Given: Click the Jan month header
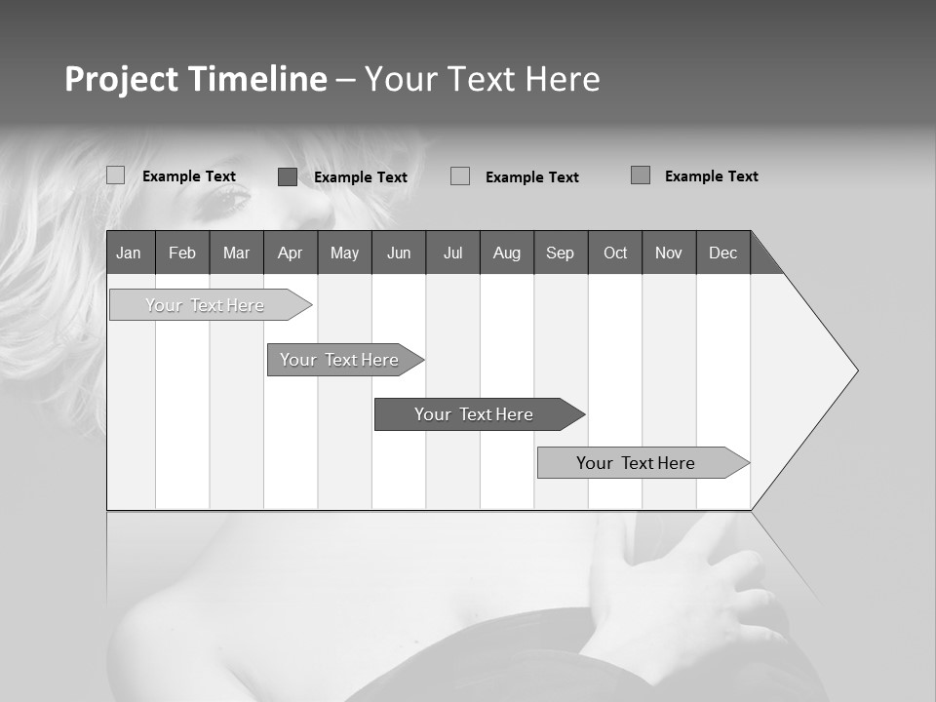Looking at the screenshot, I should pyautogui.click(x=129, y=253).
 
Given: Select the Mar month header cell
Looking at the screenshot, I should pyautogui.click(x=236, y=253).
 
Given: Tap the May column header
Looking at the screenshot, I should pyautogui.click(x=344, y=253).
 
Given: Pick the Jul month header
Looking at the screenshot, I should pyautogui.click(x=452, y=253).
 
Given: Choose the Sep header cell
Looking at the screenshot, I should pyautogui.click(x=560, y=253).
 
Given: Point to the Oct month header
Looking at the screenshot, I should pyautogui.click(x=615, y=253).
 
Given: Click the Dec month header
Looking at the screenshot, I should pyautogui.click(x=722, y=253).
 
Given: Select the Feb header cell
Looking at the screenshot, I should pyautogui.click(x=182, y=253).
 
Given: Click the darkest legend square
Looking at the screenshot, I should pyautogui.click(x=288, y=176).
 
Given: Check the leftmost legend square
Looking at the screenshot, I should pyautogui.click(x=116, y=175).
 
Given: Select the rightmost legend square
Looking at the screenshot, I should pyautogui.click(x=641, y=175).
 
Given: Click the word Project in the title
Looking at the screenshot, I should pyautogui.click(x=122, y=79).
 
